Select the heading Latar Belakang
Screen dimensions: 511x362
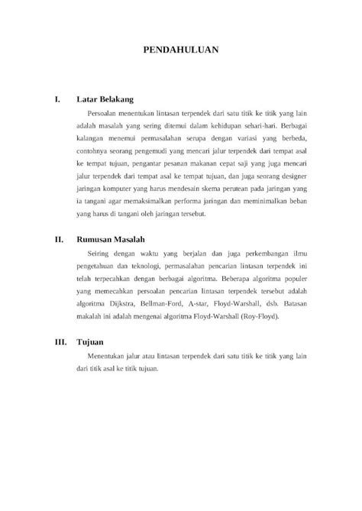pyautogui.click(x=105, y=99)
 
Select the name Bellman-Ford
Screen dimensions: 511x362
pyautogui.click(x=168, y=302)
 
